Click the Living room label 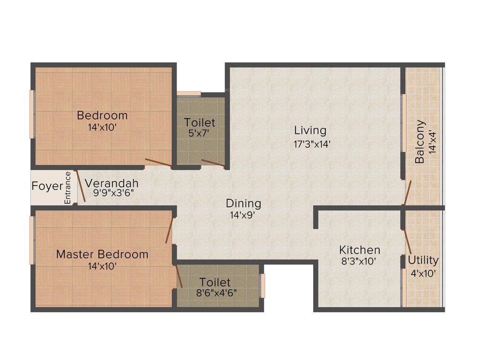[x=310, y=130]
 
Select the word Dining [x=243, y=203]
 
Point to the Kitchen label [x=360, y=250]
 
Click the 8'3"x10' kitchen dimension [x=359, y=262]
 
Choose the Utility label [x=423, y=260]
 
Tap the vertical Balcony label [x=420, y=142]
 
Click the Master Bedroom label [x=102, y=254]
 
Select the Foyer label [x=47, y=186]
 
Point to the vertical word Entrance [x=67, y=187]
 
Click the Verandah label [x=112, y=183]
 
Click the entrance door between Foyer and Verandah [x=81, y=186]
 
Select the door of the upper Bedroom [x=158, y=163]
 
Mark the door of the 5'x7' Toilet [x=212, y=163]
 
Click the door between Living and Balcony [x=407, y=192]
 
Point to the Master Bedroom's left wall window [x=32, y=240]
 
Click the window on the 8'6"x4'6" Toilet [x=262, y=285]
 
